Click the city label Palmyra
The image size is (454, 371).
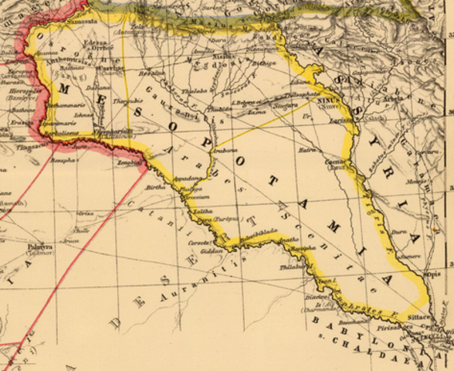pos(39,247)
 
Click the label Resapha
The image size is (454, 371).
pos(64,161)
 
